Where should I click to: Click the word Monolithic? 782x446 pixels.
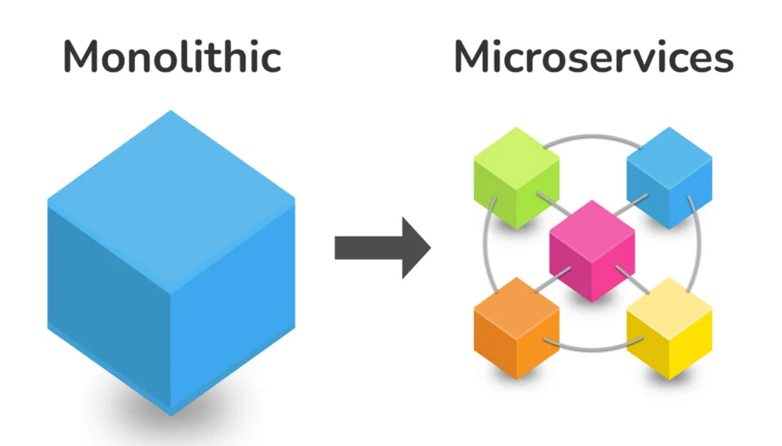(172, 57)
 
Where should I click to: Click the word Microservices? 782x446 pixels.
(594, 57)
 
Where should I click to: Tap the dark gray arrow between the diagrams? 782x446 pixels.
(378, 247)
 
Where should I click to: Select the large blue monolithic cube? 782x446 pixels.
(171, 273)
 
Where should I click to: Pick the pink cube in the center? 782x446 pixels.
(592, 251)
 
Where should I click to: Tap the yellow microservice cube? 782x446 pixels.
(669, 329)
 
